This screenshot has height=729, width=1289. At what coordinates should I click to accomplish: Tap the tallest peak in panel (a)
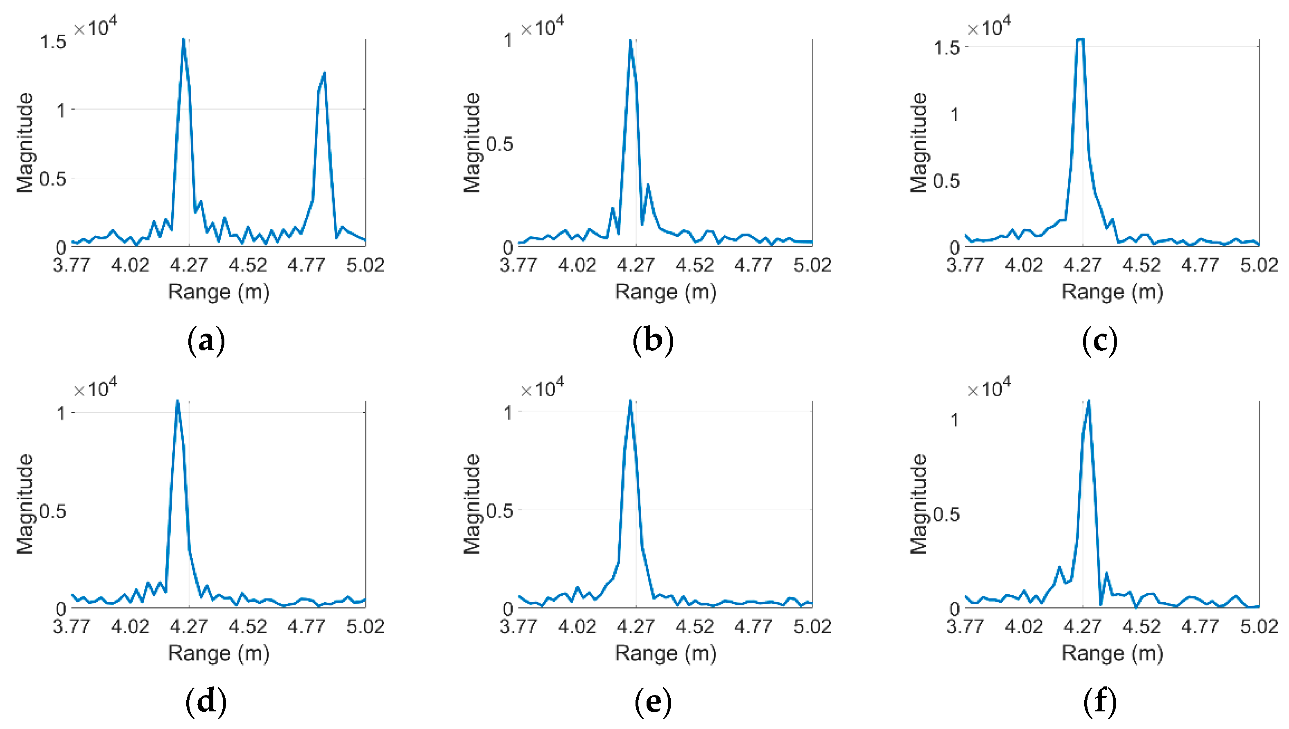[183, 40]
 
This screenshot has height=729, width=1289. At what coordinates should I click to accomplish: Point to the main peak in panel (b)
[631, 41]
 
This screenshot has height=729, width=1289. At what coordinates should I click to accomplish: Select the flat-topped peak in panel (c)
[1080, 40]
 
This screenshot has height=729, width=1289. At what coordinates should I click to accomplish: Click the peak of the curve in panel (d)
[177, 401]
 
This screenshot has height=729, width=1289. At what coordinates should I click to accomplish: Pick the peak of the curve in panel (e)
[631, 401]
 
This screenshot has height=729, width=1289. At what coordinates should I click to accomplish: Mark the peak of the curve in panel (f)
[1089, 401]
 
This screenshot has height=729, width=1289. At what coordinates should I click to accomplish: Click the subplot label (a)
[206, 341]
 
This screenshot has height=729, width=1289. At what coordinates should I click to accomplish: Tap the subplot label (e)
[653, 702]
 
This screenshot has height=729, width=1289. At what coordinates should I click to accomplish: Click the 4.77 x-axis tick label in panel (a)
[306, 265]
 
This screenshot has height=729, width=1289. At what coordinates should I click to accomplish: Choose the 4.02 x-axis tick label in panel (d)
[130, 626]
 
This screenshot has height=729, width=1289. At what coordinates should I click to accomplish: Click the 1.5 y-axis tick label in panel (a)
[53, 42]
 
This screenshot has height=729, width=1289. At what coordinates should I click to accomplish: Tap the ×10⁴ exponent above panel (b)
[543, 27]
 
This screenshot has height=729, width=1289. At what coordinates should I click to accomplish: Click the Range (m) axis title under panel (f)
[1112, 653]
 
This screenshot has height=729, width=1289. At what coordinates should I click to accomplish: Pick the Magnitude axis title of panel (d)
[25, 504]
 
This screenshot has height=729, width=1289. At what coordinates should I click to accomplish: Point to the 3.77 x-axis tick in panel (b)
[518, 265]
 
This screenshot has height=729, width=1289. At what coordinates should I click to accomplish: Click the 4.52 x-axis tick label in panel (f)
[1141, 626]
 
